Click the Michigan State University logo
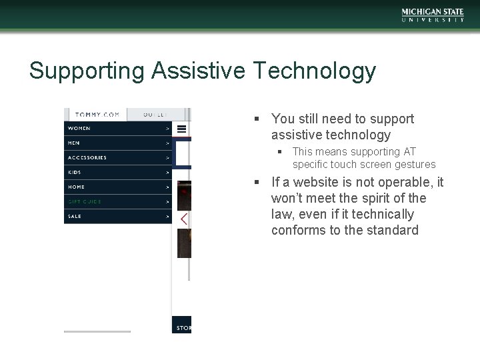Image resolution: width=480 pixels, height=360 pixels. tap(433, 15)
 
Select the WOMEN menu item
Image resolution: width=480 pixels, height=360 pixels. tap(79, 128)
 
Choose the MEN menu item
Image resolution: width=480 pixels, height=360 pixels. tap(74, 143)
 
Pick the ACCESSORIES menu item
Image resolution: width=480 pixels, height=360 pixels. tap(87, 157)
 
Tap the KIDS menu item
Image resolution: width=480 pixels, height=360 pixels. tap(75, 172)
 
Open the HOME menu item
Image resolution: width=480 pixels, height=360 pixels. tap(76, 187)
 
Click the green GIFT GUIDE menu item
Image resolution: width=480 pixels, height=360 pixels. tap(85, 201)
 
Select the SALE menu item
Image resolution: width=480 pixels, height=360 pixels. tap(75, 216)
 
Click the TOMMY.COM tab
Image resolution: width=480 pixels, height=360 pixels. tap(97, 115)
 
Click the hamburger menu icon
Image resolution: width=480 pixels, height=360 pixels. tap(181, 129)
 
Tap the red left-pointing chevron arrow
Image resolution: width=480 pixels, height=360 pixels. tap(184, 219)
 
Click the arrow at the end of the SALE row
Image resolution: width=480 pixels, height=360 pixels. tap(167, 216)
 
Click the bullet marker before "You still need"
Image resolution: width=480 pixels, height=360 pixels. tap(257, 119)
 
